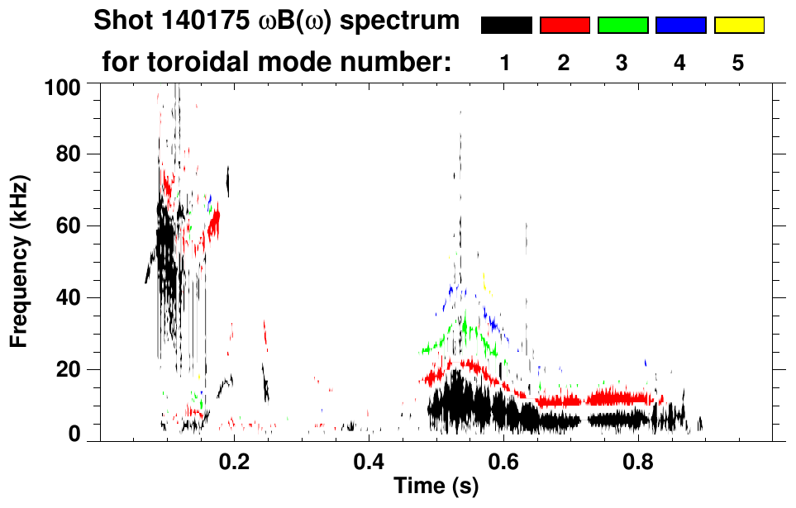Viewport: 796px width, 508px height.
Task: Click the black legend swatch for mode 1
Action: coord(506,26)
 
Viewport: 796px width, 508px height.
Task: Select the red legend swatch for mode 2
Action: coord(565,26)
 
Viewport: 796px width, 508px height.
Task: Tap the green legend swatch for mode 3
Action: coord(622,26)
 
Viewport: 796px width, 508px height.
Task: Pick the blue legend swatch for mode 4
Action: coord(680,26)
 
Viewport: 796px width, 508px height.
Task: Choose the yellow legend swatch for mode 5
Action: coord(739,26)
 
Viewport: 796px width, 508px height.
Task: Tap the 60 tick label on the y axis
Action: coord(69,226)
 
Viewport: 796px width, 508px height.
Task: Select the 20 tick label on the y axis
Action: coord(69,369)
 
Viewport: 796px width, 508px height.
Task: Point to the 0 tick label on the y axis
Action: coord(74,434)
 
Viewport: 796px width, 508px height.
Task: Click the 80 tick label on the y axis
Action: coord(69,155)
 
